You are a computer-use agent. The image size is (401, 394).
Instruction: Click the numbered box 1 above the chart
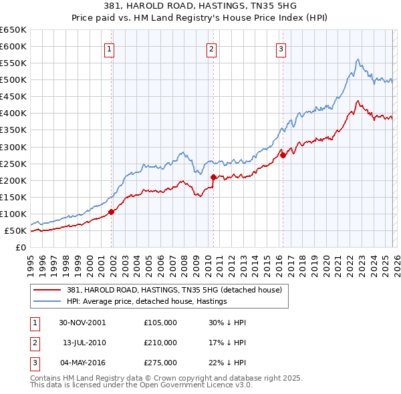click(109, 48)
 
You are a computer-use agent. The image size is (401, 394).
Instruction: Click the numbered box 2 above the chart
click(211, 48)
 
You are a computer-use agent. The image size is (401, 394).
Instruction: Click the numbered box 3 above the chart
click(281, 48)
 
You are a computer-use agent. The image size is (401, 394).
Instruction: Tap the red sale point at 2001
click(112, 212)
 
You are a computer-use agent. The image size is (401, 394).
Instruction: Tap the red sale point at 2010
click(213, 177)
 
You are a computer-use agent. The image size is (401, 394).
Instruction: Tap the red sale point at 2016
click(282, 155)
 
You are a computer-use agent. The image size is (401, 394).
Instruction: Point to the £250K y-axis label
click(13, 164)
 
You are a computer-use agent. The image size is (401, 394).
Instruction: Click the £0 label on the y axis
click(20, 248)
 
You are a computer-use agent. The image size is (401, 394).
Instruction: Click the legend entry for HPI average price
click(147, 301)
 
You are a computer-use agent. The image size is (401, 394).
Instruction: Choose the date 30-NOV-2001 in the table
click(83, 323)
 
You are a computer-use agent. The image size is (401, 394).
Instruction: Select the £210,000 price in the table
click(160, 343)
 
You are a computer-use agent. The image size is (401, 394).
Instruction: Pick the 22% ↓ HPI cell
click(227, 363)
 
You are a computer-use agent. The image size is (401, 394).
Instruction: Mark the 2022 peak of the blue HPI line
click(358, 59)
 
